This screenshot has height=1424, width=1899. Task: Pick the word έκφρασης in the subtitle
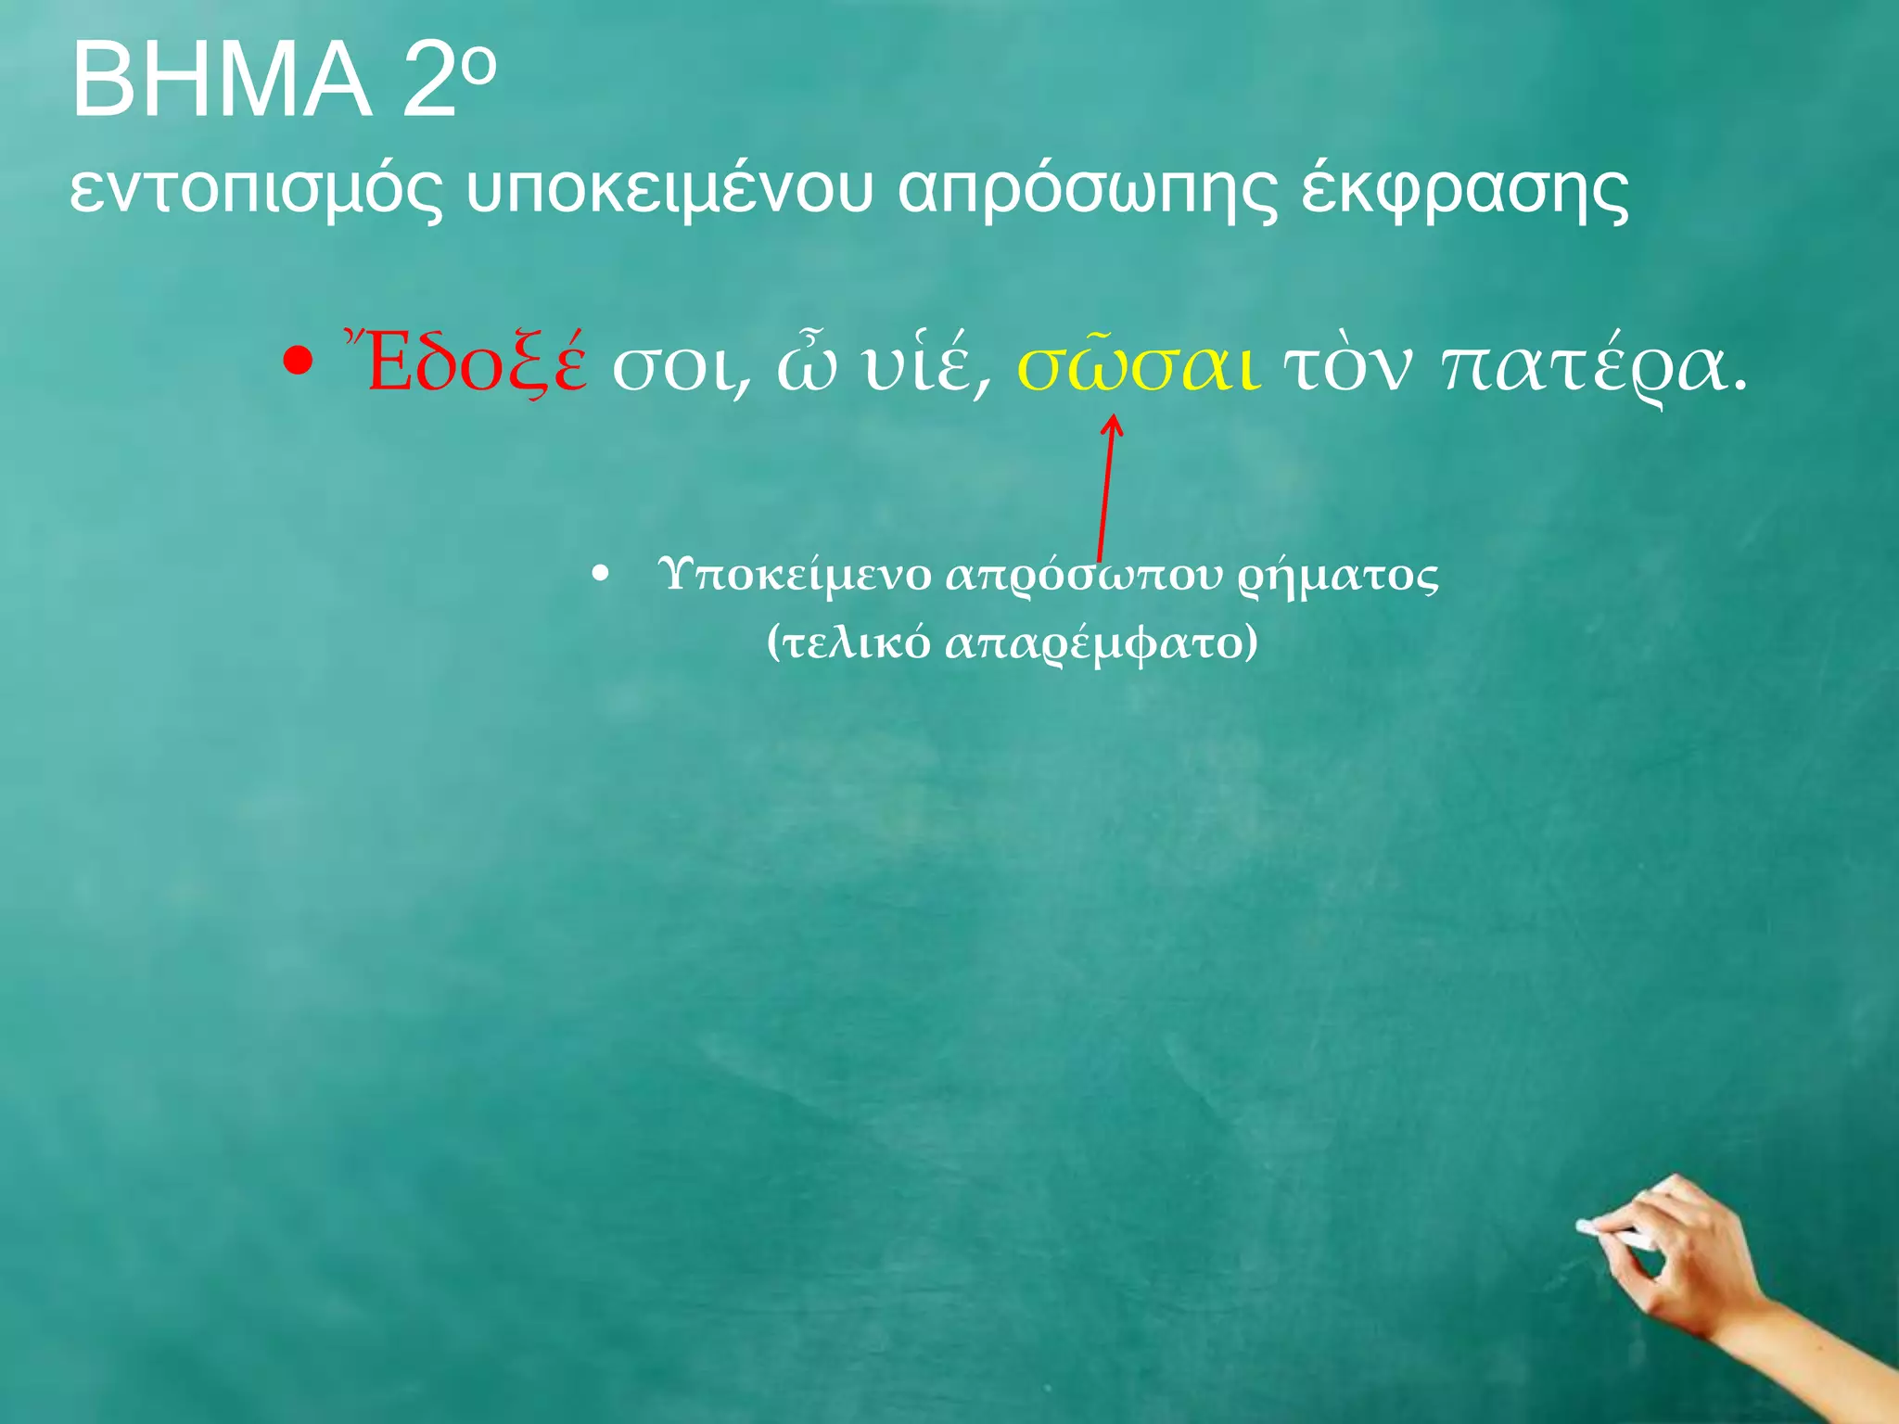[x=1465, y=190]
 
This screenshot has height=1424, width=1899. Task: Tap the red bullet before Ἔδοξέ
[x=297, y=362]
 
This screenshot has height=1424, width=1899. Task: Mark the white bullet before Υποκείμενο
[x=601, y=576]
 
